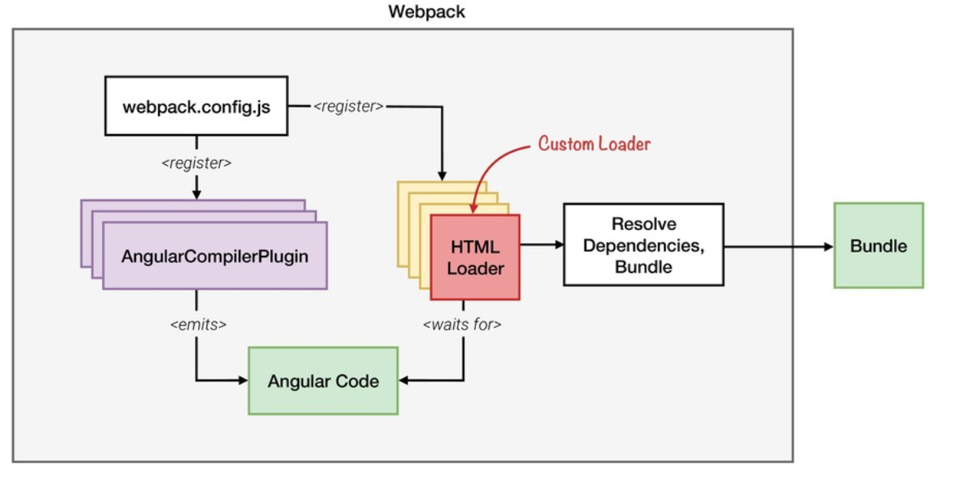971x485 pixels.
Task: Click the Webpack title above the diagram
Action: click(x=426, y=13)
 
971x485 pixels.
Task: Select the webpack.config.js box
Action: click(x=196, y=105)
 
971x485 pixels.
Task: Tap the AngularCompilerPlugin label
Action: click(x=214, y=256)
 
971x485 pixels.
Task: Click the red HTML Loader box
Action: click(x=475, y=257)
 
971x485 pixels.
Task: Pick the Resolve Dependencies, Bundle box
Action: click(x=643, y=245)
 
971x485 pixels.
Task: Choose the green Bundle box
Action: click(x=878, y=246)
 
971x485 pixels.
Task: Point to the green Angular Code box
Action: click(x=323, y=381)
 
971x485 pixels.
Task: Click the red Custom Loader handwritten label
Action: click(x=595, y=144)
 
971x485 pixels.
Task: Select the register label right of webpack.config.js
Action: click(x=349, y=105)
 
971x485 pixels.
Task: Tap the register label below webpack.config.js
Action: click(x=196, y=164)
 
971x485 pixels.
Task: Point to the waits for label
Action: click(x=463, y=323)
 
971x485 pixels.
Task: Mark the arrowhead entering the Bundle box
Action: click(x=828, y=246)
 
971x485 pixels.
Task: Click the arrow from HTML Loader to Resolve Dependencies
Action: click(x=541, y=245)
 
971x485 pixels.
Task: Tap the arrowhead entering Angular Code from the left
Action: click(x=243, y=381)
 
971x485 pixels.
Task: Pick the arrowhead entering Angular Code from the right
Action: click(x=404, y=381)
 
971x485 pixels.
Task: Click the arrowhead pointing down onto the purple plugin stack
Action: click(x=196, y=194)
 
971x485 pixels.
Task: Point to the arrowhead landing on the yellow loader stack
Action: click(x=442, y=176)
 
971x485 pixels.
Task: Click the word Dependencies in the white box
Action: click(x=643, y=245)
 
